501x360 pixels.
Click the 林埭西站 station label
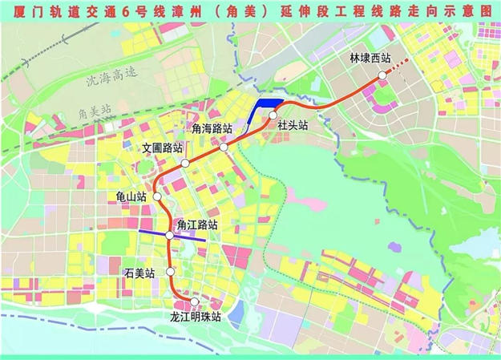pyautogui.click(x=370, y=59)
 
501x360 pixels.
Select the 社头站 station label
pyautogui.click(x=293, y=125)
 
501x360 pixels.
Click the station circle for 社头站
pyautogui.click(x=273, y=115)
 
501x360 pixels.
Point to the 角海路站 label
pyautogui.click(x=212, y=128)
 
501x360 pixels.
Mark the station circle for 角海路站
pyautogui.click(x=224, y=147)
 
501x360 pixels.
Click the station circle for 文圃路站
pyautogui.click(x=184, y=163)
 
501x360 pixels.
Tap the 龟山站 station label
pyautogui.click(x=131, y=196)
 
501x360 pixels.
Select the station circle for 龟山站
pyautogui.click(x=158, y=196)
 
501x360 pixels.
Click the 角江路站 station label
pyautogui.click(x=197, y=224)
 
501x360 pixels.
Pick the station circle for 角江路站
pyautogui.click(x=170, y=235)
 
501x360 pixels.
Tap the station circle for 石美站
pyautogui.click(x=170, y=273)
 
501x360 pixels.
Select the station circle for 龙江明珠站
pyautogui.click(x=193, y=301)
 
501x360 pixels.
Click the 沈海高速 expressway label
pyautogui.click(x=111, y=77)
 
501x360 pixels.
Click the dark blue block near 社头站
pyautogui.click(x=261, y=110)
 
